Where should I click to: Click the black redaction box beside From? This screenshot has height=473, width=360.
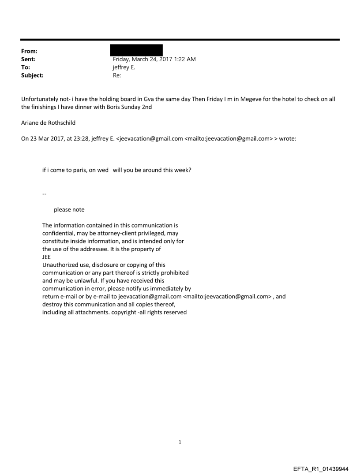136,50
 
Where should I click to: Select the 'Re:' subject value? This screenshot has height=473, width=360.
117,75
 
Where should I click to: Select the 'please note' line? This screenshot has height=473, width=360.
69,209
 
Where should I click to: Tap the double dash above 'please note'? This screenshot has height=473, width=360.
44,194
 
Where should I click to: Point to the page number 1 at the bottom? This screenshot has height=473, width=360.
180,442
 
